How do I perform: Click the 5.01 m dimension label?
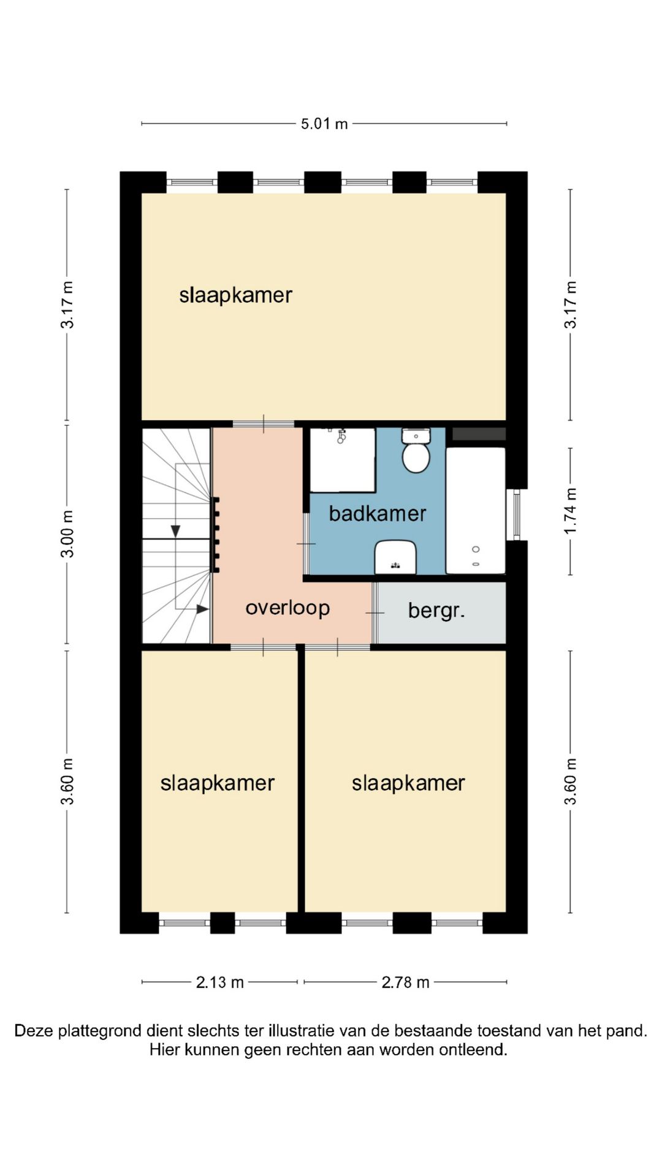324,124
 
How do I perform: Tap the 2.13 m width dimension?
219,982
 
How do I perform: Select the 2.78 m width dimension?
405,982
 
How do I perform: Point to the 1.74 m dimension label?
571,511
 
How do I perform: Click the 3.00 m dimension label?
67,533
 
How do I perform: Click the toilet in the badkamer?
416,450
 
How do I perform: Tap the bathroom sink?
395,557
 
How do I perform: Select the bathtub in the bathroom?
476,511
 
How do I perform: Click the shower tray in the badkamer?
343,460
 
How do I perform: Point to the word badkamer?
378,513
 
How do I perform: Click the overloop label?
287,608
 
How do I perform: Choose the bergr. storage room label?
436,611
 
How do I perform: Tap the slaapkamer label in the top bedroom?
235,295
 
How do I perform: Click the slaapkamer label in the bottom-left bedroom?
217,783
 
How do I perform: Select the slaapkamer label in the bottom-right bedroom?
408,783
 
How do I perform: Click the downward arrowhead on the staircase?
175,531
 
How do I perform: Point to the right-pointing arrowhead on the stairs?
203,609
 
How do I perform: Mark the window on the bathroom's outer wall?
517,514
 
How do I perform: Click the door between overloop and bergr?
375,612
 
